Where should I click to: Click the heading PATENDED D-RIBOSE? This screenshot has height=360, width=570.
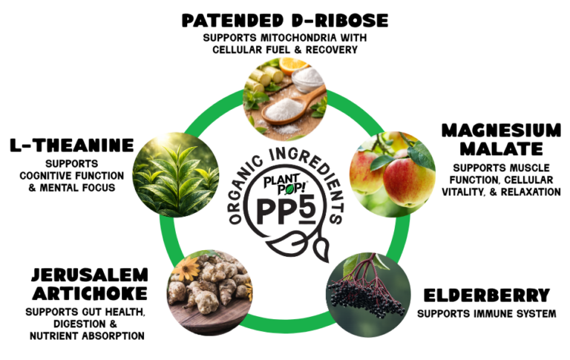click(284, 19)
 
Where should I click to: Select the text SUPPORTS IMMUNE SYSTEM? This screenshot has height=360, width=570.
click(486, 313)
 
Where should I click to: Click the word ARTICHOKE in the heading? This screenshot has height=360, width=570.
click(87, 292)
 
